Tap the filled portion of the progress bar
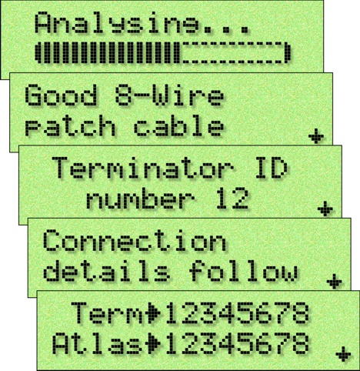(x=108, y=53)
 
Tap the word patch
(x=70, y=126)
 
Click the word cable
(x=178, y=125)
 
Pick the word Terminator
(x=143, y=168)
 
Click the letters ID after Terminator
(x=272, y=168)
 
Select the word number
(x=140, y=198)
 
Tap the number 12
(x=232, y=198)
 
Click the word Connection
(x=135, y=240)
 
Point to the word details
(x=106, y=271)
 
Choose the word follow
(x=244, y=271)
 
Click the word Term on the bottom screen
(x=107, y=313)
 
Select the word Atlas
(x=98, y=343)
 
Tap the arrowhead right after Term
(x=155, y=313)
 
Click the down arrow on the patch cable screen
(x=316, y=135)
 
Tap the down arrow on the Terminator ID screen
(x=325, y=209)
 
